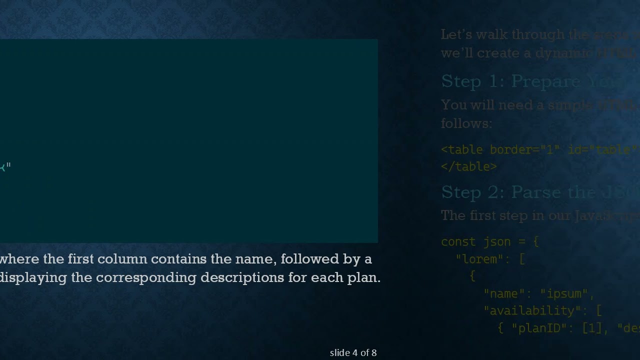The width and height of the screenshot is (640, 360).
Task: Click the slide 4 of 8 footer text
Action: [353, 353]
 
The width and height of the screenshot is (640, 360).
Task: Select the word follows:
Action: [466, 123]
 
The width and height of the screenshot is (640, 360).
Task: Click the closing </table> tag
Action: [469, 166]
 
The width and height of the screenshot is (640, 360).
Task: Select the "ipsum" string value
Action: [563, 293]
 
